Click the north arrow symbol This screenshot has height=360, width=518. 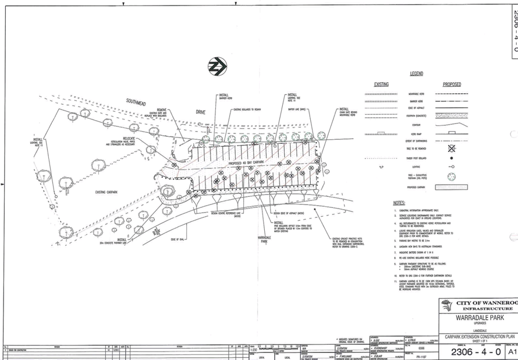click(217, 66)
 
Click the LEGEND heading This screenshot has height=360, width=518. click(416, 74)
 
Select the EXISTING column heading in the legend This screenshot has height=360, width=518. click(381, 84)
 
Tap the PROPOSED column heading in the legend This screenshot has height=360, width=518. click(452, 84)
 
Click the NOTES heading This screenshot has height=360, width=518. click(399, 203)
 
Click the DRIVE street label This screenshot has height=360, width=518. click(201, 111)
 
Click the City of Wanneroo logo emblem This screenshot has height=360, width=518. click(448, 304)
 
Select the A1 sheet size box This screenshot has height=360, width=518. click(512, 352)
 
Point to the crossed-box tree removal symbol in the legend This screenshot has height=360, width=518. click(451, 149)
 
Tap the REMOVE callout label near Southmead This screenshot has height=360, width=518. click(162, 109)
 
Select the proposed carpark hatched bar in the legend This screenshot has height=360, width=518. click(452, 187)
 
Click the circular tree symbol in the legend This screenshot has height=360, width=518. click(451, 175)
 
